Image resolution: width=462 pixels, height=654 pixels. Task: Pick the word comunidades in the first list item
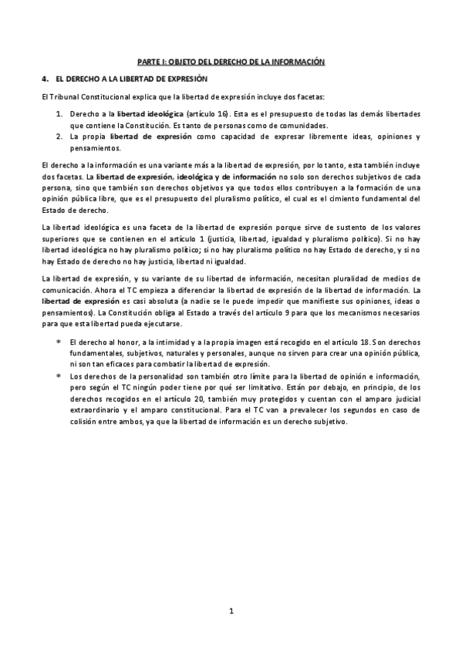pyautogui.click(x=305, y=125)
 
